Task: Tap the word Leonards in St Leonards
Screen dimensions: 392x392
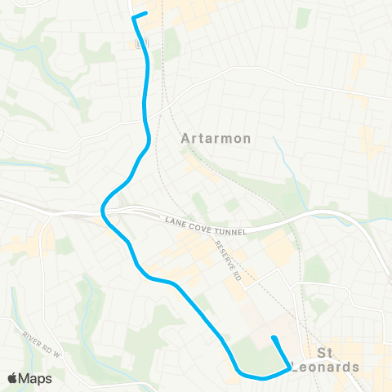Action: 326,367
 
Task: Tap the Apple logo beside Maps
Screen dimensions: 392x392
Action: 12,378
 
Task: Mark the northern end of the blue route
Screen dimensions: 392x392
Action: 145,12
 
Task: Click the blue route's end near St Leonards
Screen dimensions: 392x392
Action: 274,338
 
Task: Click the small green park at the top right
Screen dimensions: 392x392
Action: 303,16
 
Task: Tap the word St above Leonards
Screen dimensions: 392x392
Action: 325,353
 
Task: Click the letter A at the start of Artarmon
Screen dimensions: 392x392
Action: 184,139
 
